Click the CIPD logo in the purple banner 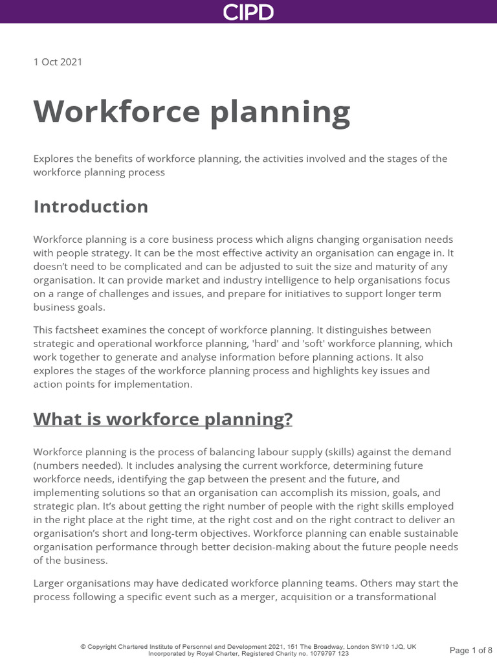pos(248,12)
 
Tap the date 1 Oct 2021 pos(58,62)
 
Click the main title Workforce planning pos(192,112)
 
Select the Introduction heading pos(91,207)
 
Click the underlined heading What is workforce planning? pos(162,419)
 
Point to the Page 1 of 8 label pos(470,649)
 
